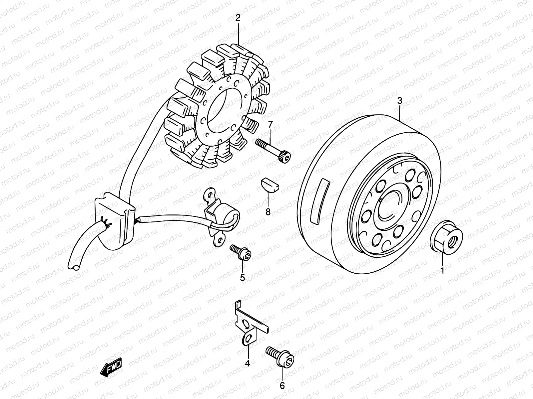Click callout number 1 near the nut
442,271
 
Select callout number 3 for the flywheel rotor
400,101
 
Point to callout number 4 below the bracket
247,364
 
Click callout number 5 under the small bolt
243,278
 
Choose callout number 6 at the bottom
282,385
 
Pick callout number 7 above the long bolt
270,125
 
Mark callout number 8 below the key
268,211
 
